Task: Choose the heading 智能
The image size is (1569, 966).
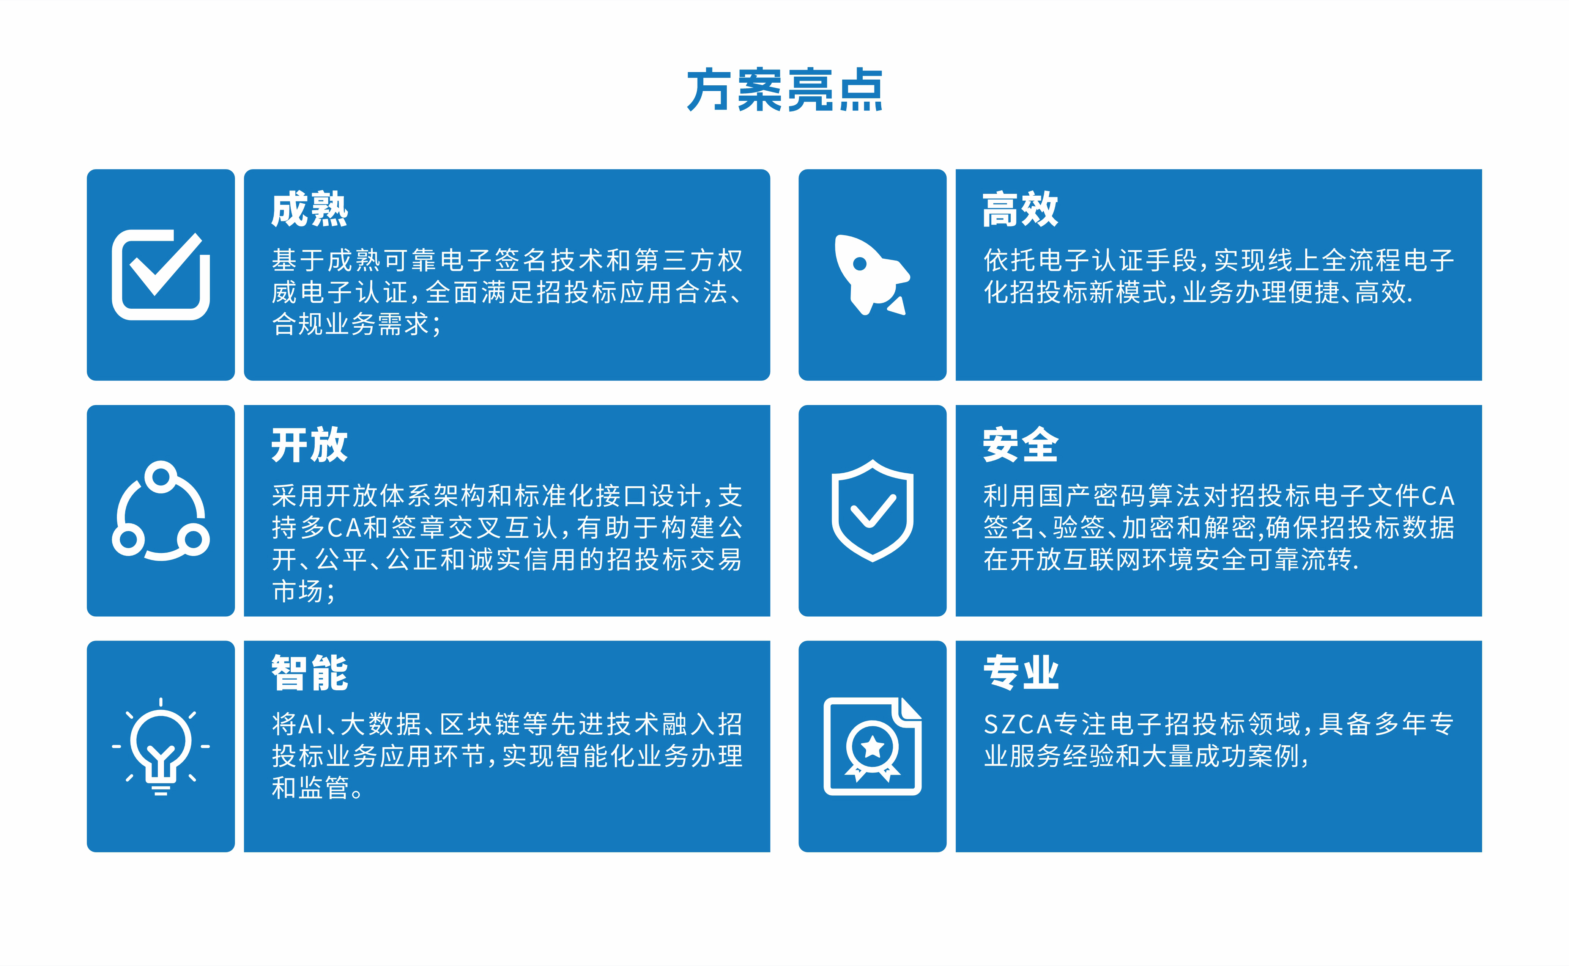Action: click(x=309, y=673)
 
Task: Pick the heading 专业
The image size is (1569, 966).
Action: click(x=1021, y=673)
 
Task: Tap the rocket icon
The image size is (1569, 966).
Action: click(x=872, y=275)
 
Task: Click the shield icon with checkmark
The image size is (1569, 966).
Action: click(x=872, y=510)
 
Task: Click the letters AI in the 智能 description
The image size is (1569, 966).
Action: click(x=311, y=724)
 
